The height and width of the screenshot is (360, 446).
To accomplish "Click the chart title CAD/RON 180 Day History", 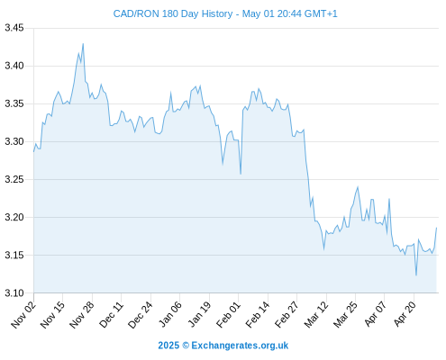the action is click(x=173, y=13).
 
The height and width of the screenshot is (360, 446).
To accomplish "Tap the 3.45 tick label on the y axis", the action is click(x=14, y=28).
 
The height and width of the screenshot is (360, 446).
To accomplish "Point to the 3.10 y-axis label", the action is click(x=14, y=292).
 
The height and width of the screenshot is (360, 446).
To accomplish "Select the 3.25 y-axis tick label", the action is click(x=14, y=179).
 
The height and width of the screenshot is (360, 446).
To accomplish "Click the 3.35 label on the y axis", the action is click(x=14, y=103).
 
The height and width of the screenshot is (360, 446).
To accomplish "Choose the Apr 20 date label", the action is click(x=405, y=314).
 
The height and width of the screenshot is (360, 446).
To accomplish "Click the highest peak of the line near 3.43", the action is click(x=83, y=44).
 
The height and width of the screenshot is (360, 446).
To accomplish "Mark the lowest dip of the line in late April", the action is click(x=416, y=275).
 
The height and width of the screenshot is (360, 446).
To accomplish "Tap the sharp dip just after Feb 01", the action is click(x=241, y=174).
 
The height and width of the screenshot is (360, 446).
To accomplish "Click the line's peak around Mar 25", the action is click(x=358, y=187).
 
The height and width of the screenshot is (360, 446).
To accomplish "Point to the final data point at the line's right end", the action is click(x=437, y=228).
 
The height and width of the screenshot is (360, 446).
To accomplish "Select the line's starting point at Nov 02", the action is click(x=33, y=152).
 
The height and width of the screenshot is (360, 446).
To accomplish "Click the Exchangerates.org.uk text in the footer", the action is click(x=240, y=346).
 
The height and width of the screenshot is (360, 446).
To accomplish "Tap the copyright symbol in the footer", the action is click(x=186, y=346).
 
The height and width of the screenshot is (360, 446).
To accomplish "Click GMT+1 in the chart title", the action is click(x=321, y=13).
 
